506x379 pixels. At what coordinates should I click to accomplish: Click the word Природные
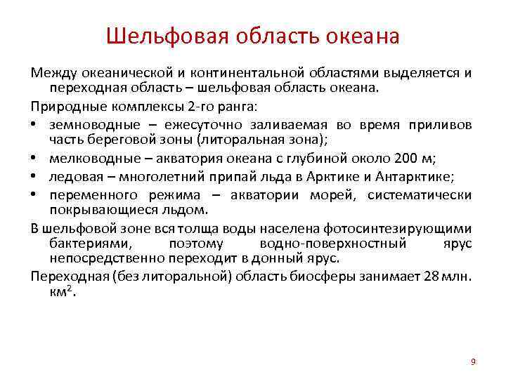(x=62, y=106)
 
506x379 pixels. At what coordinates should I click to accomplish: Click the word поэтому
(x=195, y=244)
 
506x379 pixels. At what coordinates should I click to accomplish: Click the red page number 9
(x=473, y=361)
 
